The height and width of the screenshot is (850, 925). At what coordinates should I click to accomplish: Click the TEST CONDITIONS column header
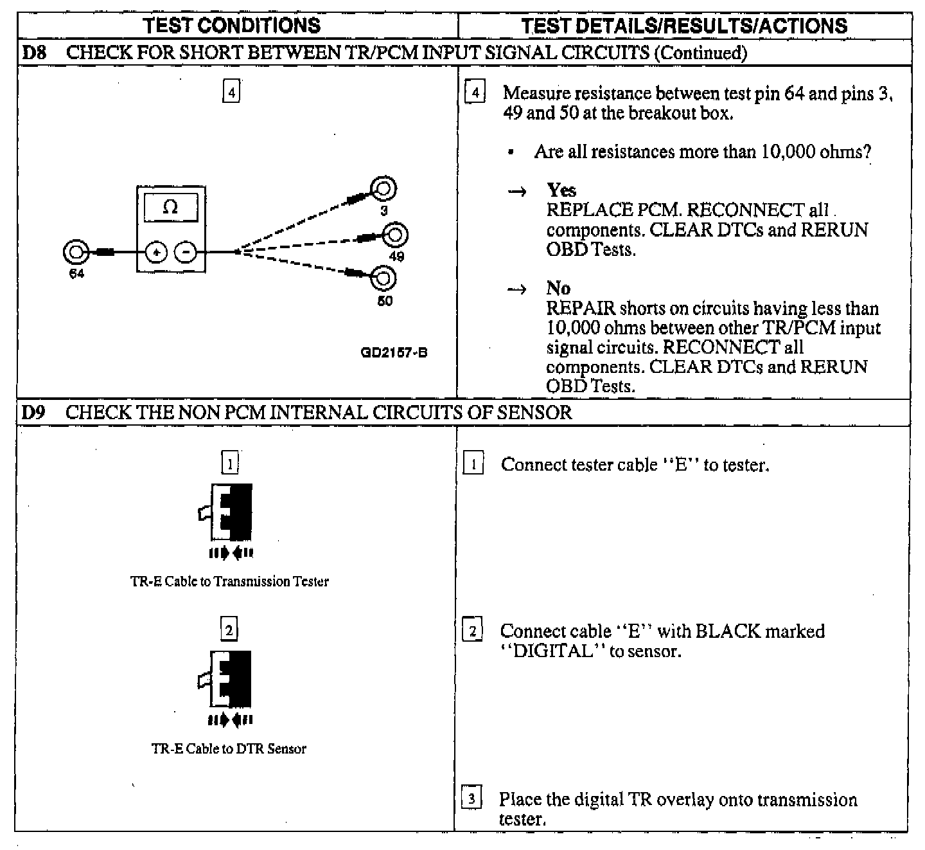[232, 26]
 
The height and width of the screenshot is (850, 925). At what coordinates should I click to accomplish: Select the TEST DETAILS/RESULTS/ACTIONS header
[684, 26]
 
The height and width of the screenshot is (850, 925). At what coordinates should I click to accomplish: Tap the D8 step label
[33, 53]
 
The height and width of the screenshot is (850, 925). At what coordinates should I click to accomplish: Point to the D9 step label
[33, 412]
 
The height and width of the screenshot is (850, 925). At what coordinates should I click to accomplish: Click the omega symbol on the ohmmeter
[171, 207]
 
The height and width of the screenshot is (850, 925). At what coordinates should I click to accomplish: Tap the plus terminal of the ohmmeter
[156, 253]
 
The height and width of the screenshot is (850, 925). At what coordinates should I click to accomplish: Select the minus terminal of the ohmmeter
[186, 253]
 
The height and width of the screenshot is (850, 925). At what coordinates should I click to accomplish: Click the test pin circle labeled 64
[75, 252]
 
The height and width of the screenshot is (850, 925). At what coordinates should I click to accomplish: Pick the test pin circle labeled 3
[383, 189]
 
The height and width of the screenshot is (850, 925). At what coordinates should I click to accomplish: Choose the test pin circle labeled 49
[395, 235]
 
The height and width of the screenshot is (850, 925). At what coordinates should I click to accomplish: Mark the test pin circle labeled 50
[383, 278]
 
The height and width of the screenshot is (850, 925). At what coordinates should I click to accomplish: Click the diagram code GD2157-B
[394, 352]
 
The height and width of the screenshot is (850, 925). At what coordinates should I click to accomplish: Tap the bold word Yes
[561, 190]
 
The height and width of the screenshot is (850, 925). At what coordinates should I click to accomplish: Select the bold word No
[558, 288]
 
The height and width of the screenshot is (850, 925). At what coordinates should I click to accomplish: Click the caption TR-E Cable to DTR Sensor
[229, 748]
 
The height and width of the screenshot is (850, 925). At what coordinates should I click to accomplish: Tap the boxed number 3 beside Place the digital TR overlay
[471, 799]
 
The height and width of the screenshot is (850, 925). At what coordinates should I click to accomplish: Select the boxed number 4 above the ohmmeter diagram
[231, 93]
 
